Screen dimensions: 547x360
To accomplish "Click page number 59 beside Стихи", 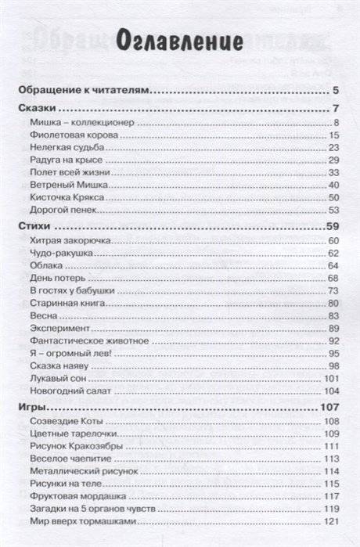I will pos(330,226).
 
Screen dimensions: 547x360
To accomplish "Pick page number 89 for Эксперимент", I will pos(333,328).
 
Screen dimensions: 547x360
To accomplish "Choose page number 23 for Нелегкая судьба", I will pos(333,148).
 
